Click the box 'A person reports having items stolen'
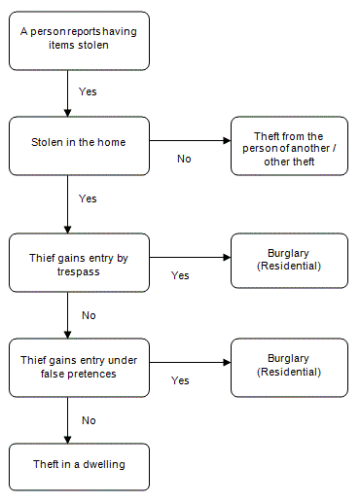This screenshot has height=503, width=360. [79, 40]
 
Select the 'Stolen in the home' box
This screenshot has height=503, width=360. [79, 146]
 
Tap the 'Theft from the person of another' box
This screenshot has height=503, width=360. [289, 146]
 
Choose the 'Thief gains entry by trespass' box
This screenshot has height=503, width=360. [79, 262]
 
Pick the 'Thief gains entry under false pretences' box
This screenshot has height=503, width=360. [79, 367]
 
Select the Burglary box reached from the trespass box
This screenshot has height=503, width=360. [289, 260]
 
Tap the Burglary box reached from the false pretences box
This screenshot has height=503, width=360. [289, 366]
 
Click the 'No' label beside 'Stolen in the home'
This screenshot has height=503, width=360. [184, 159]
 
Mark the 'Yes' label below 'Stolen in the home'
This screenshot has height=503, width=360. [88, 198]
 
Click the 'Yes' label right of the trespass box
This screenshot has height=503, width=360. [180, 275]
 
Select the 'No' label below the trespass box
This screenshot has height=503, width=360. [89, 314]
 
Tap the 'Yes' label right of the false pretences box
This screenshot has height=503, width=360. [180, 380]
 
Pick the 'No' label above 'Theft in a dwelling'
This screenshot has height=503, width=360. [89, 420]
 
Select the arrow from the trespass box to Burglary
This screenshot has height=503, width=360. [189, 258]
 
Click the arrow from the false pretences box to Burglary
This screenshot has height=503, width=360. [189, 364]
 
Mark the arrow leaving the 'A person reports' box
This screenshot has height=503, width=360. [67, 93]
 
